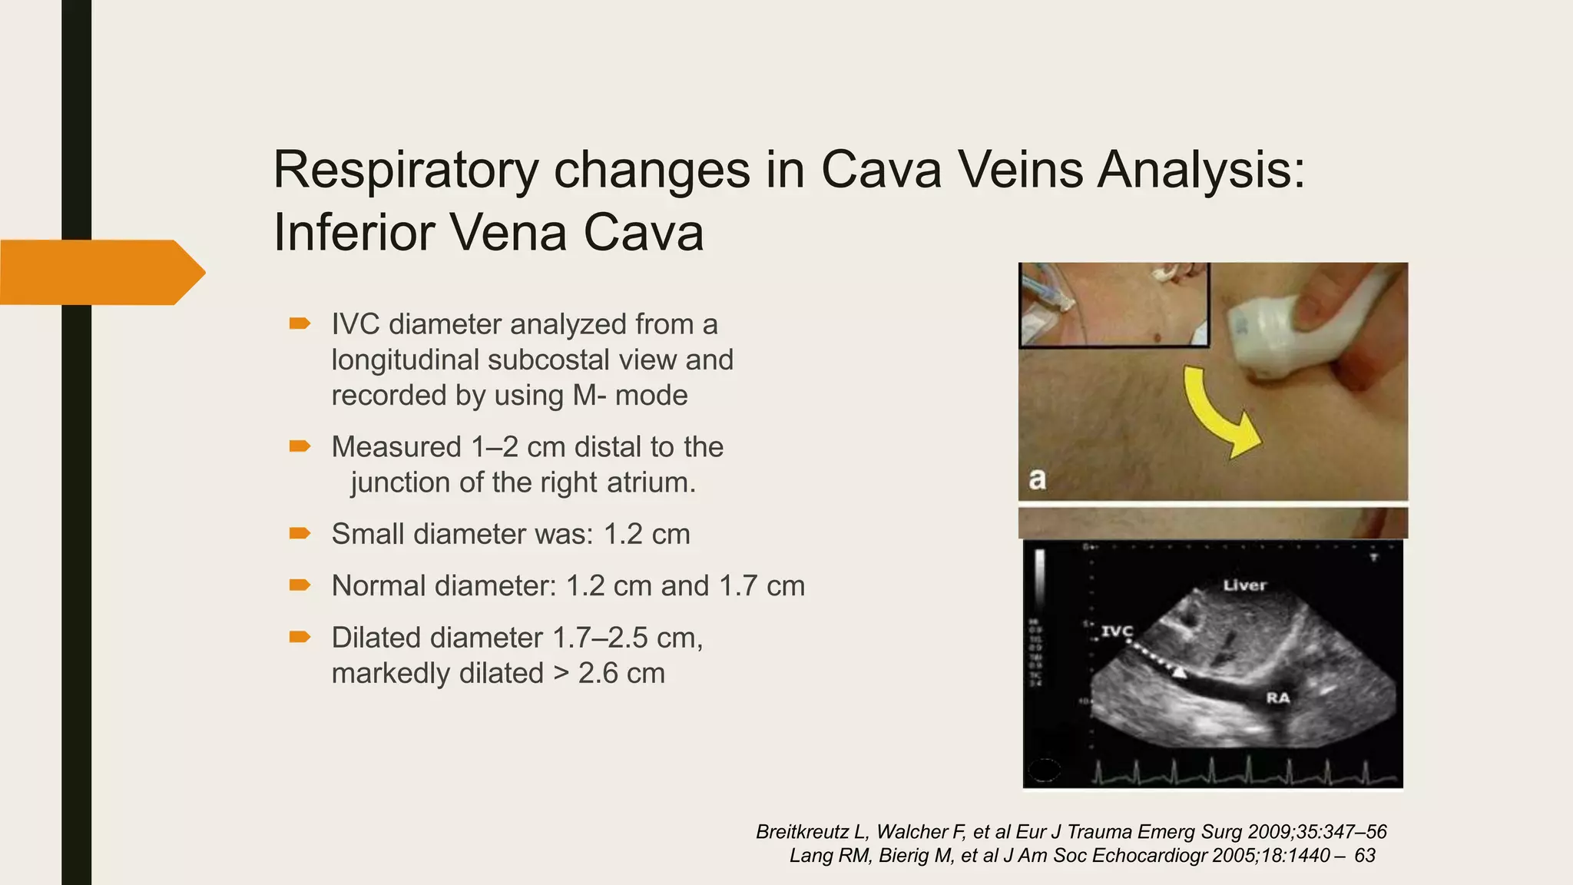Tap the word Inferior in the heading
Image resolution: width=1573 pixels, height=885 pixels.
pyautogui.click(x=350, y=232)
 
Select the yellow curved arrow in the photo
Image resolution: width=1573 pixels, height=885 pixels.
pyautogui.click(x=1217, y=411)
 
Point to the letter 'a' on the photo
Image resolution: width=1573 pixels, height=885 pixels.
pyautogui.click(x=1037, y=479)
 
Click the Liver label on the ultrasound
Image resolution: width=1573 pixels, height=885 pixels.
pyautogui.click(x=1244, y=585)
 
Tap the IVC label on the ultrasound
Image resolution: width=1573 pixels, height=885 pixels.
pyautogui.click(x=1117, y=631)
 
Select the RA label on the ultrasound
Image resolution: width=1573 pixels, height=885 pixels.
pyautogui.click(x=1277, y=698)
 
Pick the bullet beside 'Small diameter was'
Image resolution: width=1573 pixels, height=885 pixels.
pyautogui.click(x=300, y=533)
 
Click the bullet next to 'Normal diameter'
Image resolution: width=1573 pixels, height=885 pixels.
pyautogui.click(x=300, y=585)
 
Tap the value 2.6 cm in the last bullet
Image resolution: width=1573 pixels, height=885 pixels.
pyautogui.click(x=621, y=673)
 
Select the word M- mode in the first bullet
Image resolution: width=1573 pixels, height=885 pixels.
pyautogui.click(x=630, y=396)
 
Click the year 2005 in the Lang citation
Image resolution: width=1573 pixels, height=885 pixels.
pyautogui.click(x=1234, y=856)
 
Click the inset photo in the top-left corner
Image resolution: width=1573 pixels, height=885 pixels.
pyautogui.click(x=1114, y=304)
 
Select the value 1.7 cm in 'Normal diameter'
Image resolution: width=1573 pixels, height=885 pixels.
pyautogui.click(x=761, y=586)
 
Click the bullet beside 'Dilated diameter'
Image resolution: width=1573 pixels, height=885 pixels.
pyautogui.click(x=300, y=637)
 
